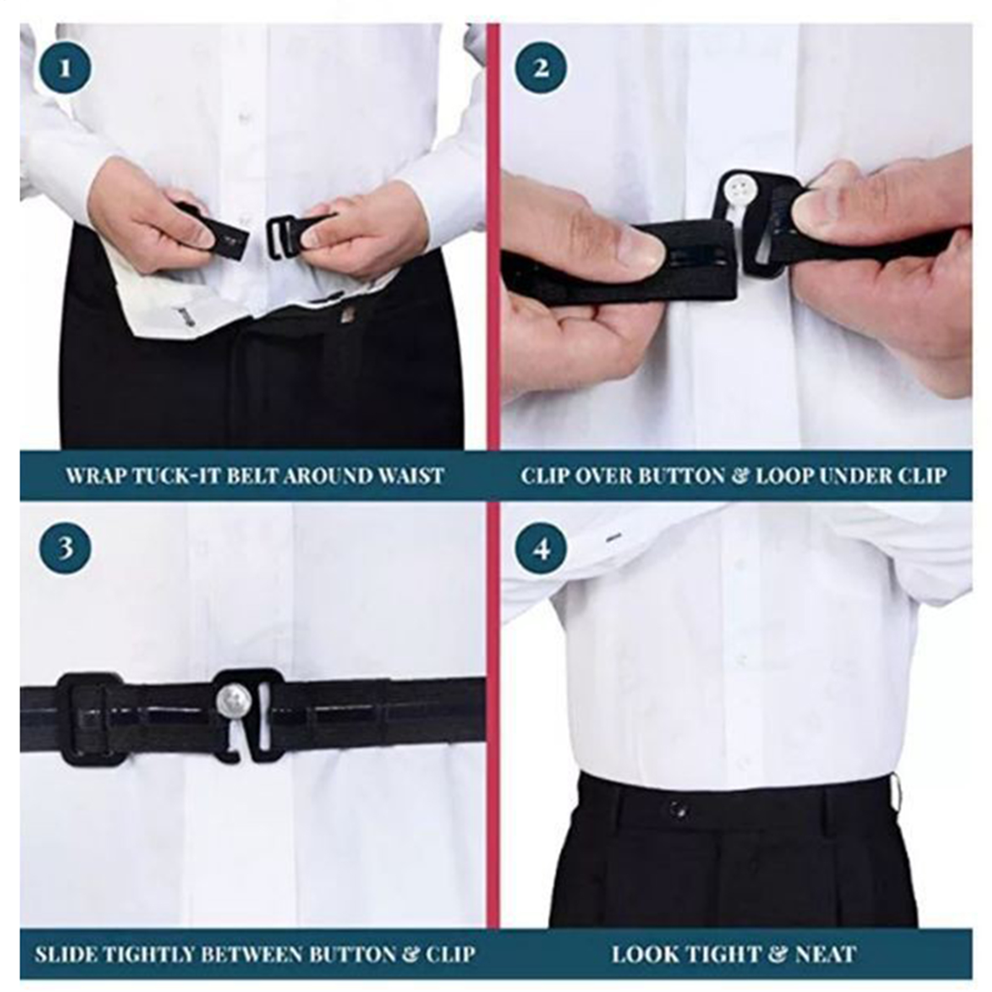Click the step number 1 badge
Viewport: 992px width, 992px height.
tap(66, 68)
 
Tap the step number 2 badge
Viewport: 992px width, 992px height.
tap(541, 68)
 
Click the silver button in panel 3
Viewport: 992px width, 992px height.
tap(231, 701)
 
